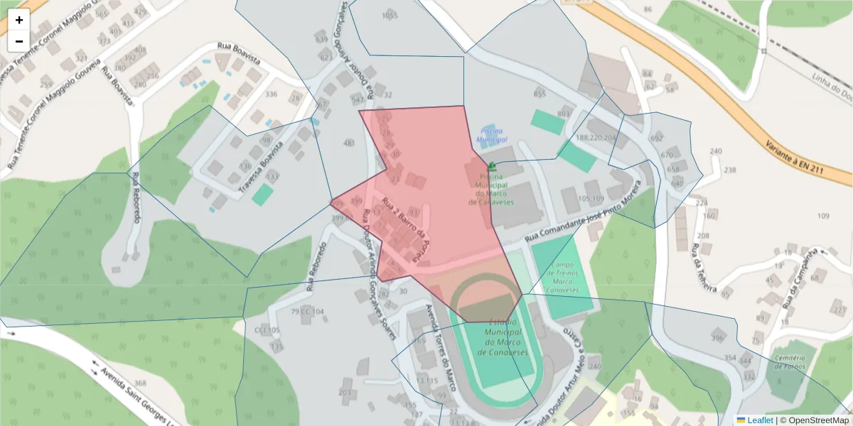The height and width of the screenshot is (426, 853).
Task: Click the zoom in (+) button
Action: pos(19,20)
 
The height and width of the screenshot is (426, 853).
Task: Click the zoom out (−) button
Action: pos(19,40)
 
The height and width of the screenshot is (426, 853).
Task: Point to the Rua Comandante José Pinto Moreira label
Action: pos(584,214)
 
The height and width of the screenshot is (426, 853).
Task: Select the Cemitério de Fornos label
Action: pos(788,361)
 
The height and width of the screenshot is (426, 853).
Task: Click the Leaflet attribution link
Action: pos(759,420)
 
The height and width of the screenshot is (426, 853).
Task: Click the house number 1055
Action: pos(390,16)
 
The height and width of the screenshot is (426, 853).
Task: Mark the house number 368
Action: pos(140,383)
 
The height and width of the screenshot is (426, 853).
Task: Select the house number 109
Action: pos(824,216)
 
